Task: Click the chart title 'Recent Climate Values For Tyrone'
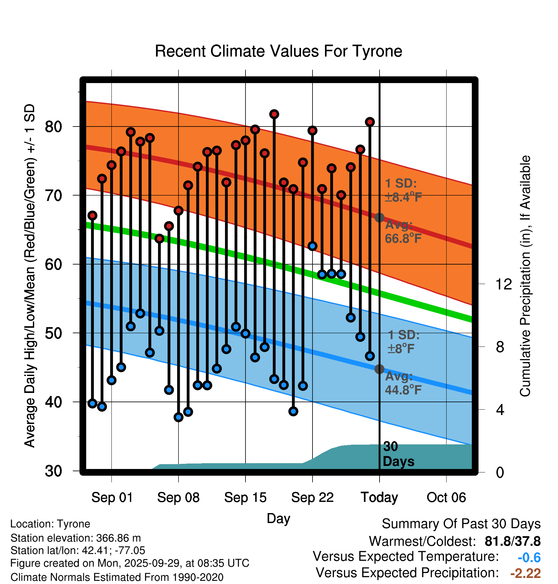click(x=278, y=51)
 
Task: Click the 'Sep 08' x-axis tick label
click(x=178, y=497)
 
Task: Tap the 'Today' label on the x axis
click(x=379, y=497)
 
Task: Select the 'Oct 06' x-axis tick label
click(x=446, y=497)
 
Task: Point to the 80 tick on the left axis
click(x=53, y=127)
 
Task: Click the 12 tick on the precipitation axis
click(x=504, y=284)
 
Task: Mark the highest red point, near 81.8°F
click(x=274, y=114)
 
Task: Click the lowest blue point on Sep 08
click(x=178, y=417)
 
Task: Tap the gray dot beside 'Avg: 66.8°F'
click(x=379, y=218)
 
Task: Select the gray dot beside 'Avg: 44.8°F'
click(x=379, y=369)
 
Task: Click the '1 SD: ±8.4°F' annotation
click(x=403, y=190)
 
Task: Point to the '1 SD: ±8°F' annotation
click(x=403, y=342)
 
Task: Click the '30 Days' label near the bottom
click(x=398, y=454)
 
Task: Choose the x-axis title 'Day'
click(x=278, y=518)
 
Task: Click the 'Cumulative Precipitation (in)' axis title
click(x=525, y=276)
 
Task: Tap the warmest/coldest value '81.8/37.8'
click(x=512, y=542)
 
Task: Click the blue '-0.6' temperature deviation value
click(x=529, y=557)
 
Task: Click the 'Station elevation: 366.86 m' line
click(x=76, y=538)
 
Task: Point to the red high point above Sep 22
click(x=313, y=130)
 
